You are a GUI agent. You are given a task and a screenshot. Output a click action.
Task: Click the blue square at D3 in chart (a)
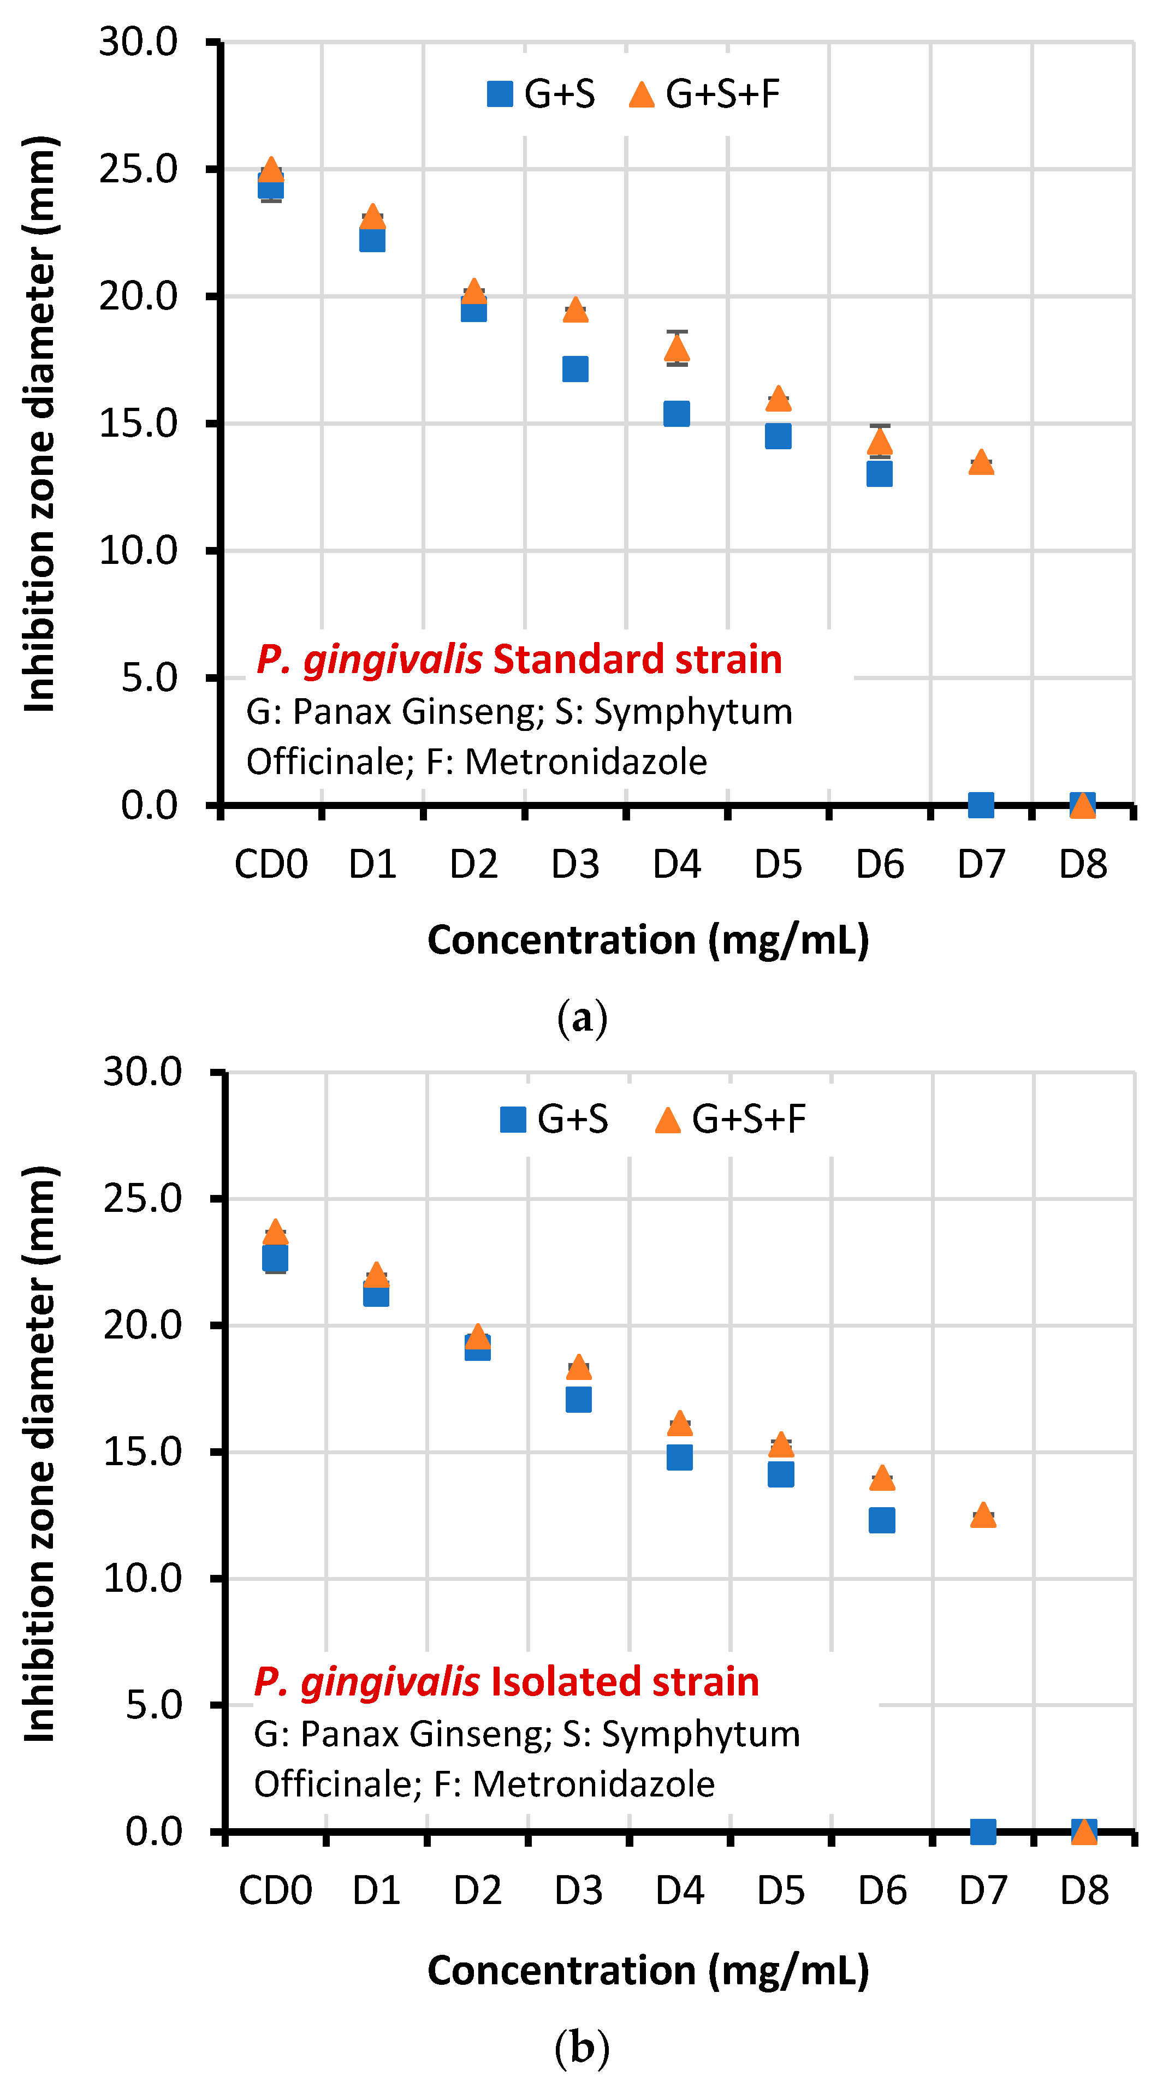pyautogui.click(x=574, y=370)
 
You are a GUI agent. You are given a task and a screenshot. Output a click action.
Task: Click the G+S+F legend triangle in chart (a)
pyautogui.click(x=641, y=94)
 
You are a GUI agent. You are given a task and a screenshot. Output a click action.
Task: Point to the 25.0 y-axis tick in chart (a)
pyautogui.click(x=138, y=169)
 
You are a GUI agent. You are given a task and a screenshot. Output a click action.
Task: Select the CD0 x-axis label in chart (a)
pyautogui.click(x=271, y=864)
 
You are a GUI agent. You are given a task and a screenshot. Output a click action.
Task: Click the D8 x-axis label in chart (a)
pyautogui.click(x=1082, y=864)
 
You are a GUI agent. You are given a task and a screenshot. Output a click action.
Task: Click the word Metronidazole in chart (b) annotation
pyautogui.click(x=593, y=1784)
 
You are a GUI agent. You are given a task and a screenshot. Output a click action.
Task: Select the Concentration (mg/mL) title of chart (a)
pyautogui.click(x=648, y=940)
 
